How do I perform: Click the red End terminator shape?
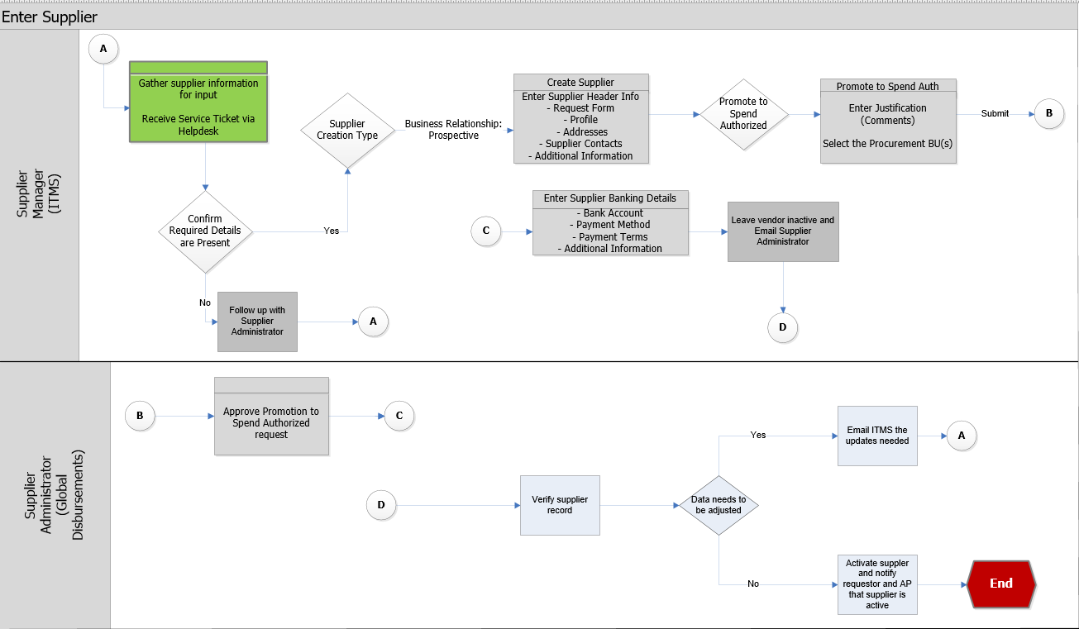[x=1000, y=584]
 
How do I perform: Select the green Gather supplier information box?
[x=198, y=102]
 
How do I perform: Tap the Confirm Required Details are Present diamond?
[x=205, y=231]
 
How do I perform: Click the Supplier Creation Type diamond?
[x=347, y=130]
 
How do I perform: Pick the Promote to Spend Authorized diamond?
[x=742, y=114]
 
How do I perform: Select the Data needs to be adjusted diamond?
[x=719, y=505]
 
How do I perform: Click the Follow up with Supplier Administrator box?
[x=257, y=322]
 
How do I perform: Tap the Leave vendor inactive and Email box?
[x=783, y=231]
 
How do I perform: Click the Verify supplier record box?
[x=560, y=505]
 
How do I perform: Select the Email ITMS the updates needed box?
[x=877, y=436]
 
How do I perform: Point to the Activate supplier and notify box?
[x=877, y=584]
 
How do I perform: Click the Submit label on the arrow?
[x=995, y=113]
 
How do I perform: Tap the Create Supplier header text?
[x=580, y=83]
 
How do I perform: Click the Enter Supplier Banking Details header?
[x=609, y=198]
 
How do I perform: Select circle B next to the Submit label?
[x=1049, y=114]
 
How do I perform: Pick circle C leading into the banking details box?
[x=485, y=231]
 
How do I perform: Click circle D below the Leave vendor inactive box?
[x=782, y=328]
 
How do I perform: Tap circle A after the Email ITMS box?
[x=961, y=435]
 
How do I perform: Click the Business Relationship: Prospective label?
[x=453, y=130]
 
